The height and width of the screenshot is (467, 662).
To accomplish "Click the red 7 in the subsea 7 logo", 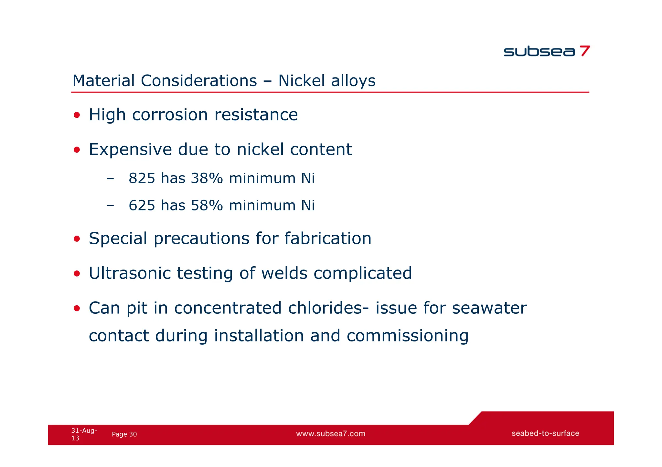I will (x=584, y=51).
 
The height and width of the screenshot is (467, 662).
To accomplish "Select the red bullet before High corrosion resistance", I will (x=77, y=115).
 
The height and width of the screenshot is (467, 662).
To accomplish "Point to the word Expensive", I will (x=130, y=149).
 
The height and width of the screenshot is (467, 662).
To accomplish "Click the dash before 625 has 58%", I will (x=110, y=206).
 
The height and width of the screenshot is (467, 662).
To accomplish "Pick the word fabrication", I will (x=328, y=239).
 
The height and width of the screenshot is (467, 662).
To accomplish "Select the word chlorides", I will (x=325, y=308).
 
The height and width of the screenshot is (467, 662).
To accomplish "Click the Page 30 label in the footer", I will (x=124, y=434).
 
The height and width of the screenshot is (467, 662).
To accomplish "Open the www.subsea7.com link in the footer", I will (x=331, y=434).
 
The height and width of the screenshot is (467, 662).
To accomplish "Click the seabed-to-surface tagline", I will (x=545, y=433).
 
